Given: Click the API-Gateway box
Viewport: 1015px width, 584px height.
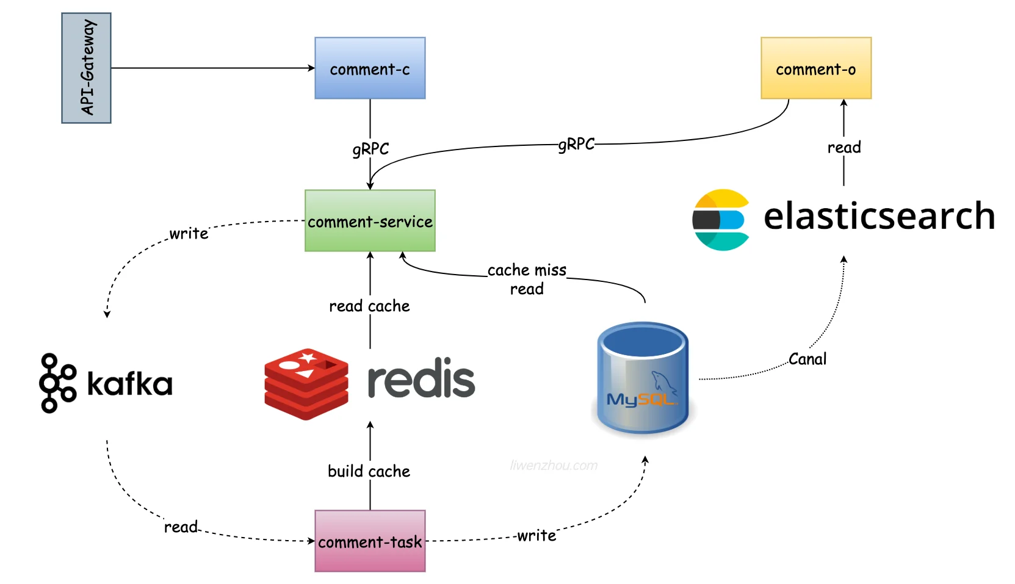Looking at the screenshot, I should (86, 68).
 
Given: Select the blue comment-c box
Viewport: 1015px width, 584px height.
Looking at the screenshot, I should (370, 68).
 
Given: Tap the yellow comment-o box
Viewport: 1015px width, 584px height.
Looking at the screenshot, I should (816, 68).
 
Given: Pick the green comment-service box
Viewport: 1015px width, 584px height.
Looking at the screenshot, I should (370, 221).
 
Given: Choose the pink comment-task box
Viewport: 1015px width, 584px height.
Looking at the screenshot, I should (370, 541).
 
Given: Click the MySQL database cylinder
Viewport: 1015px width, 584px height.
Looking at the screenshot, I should (643, 378).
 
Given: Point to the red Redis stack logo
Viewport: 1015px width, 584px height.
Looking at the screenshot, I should (306, 384).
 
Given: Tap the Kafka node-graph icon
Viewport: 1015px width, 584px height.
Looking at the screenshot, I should (57, 383).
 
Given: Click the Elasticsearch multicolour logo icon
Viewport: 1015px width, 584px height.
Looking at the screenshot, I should (721, 220).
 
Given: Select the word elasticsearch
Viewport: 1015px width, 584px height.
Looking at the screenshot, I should (879, 216).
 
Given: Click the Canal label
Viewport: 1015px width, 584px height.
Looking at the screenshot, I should (807, 359).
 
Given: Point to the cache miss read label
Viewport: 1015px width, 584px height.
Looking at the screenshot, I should (527, 279).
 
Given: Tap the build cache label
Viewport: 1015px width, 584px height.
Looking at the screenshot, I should (369, 471).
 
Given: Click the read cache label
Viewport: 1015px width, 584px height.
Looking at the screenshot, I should (369, 306).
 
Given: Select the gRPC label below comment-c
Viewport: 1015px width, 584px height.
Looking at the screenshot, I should (370, 149).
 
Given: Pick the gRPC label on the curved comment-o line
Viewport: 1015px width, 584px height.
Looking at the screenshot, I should (576, 144).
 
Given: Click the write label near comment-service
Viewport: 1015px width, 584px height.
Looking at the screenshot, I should (189, 233).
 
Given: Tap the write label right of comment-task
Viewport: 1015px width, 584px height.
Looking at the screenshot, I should (536, 535).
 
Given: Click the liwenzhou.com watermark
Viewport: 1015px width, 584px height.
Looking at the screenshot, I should (554, 465).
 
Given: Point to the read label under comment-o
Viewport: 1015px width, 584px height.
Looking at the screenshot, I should (844, 147).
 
